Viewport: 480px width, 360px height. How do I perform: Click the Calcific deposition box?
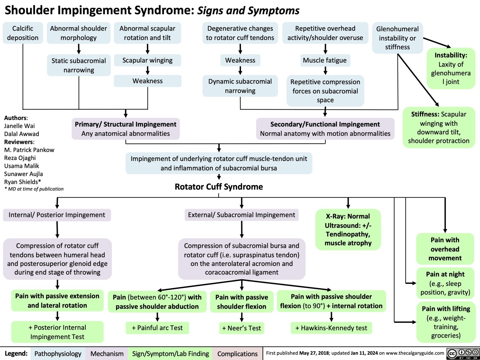coord(23,33)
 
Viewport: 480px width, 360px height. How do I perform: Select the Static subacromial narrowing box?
coord(79,65)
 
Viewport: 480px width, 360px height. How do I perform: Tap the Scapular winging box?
coord(147,60)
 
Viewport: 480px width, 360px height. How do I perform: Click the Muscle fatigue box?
coord(325,60)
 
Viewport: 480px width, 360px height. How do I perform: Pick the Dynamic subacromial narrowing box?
coord(240,86)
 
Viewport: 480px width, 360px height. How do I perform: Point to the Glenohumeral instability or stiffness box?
coord(397,38)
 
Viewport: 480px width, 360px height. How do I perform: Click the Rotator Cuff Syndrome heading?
coord(219,187)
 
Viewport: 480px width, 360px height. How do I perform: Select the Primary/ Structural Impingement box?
coord(126,129)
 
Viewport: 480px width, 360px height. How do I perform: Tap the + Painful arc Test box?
coord(157,328)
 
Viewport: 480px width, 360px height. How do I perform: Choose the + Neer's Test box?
coord(242,328)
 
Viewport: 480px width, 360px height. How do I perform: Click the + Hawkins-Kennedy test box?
coord(331,328)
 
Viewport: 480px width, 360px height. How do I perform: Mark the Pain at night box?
coord(445,283)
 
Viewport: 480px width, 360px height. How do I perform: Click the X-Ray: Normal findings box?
coord(348,230)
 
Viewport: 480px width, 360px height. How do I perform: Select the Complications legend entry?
coord(237,354)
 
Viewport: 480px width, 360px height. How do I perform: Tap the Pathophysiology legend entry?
coord(58,354)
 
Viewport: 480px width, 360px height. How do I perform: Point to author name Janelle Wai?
coord(19,126)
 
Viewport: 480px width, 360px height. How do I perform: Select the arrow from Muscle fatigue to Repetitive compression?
coord(325,71)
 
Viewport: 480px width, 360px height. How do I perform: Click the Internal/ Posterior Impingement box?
coord(57,215)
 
